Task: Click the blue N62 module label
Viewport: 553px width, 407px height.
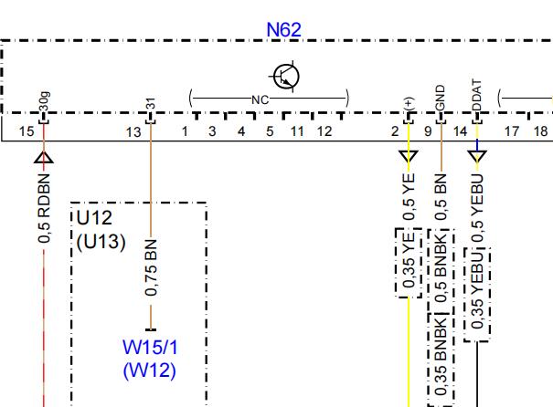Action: click(284, 29)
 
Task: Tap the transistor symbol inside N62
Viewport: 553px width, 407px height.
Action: click(286, 77)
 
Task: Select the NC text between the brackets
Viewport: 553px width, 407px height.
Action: click(260, 100)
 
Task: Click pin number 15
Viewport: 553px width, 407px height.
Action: click(27, 131)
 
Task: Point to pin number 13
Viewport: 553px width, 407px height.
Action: click(133, 132)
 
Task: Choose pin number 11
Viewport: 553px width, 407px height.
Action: click(297, 131)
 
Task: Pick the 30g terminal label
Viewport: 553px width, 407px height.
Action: click(44, 101)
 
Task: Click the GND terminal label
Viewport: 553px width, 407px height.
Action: click(441, 98)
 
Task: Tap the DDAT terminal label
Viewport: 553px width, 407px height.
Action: click(476, 96)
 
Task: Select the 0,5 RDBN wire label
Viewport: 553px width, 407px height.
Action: click(44, 208)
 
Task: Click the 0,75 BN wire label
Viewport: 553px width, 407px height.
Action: click(151, 267)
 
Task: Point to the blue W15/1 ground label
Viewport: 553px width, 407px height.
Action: click(150, 348)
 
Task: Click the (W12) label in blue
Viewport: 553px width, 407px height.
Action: click(150, 370)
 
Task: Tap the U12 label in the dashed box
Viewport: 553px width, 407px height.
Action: click(94, 218)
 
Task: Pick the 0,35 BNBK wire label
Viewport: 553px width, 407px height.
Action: click(441, 359)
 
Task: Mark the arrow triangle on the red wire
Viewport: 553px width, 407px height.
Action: click(44, 157)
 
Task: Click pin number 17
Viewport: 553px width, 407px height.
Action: click(511, 131)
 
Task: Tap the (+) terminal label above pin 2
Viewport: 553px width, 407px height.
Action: click(409, 103)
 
